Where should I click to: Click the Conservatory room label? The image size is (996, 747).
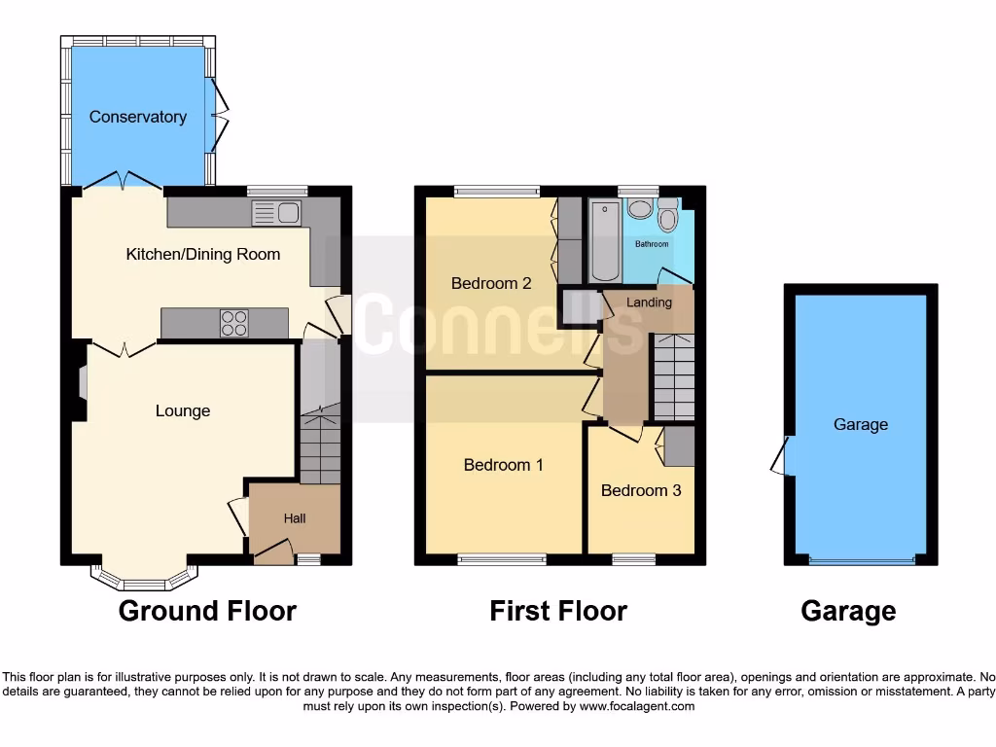click(137, 117)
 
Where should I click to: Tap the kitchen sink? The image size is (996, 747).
click(277, 212)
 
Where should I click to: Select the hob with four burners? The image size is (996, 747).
click(234, 322)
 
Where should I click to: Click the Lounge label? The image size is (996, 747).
click(183, 411)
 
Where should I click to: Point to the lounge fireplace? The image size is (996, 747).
click(80, 382)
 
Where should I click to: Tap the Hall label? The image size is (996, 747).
click(295, 518)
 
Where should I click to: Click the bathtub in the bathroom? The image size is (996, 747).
click(604, 240)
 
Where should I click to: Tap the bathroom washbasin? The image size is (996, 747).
click(639, 208)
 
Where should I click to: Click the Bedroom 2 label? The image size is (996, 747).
click(491, 284)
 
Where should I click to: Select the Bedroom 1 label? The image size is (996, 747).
click(503, 465)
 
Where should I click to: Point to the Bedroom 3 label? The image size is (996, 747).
click(640, 490)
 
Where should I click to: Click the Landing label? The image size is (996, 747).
click(649, 302)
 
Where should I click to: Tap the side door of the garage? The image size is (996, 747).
click(781, 455)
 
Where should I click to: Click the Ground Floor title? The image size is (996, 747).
click(207, 611)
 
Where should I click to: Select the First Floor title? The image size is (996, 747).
click(558, 611)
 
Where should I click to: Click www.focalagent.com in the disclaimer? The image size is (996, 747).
click(637, 706)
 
